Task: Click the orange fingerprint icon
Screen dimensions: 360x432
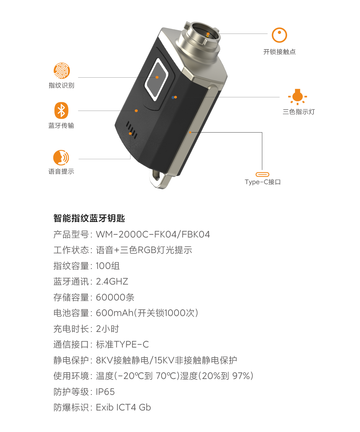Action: [61, 71]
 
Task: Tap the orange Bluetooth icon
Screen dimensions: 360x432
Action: [61, 110]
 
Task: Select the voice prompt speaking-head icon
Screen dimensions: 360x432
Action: [61, 158]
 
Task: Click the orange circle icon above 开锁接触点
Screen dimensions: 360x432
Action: [279, 35]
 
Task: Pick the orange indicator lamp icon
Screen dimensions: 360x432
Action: [298, 97]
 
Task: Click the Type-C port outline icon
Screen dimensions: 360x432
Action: [262, 174]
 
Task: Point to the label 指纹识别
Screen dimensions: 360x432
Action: [61, 85]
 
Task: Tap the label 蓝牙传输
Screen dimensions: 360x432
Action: [61, 125]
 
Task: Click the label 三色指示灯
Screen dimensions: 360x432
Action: [299, 112]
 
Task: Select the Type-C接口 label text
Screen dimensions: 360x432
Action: [263, 182]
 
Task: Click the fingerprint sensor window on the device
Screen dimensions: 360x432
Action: [157, 80]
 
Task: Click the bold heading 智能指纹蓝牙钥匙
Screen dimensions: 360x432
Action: [89, 218]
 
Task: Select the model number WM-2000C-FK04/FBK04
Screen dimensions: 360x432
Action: [153, 234]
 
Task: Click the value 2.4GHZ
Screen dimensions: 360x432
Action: [112, 282]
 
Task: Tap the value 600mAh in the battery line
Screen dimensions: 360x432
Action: [115, 313]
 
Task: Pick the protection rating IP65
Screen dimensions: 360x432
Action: [105, 392]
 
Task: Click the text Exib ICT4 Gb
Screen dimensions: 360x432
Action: [123, 407]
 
